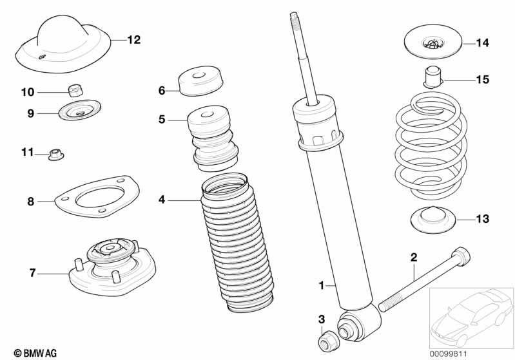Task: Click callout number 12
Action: (x=133, y=40)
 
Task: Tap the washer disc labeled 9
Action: (x=80, y=110)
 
